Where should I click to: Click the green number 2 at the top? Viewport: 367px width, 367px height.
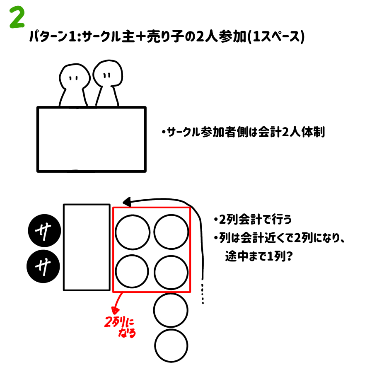click(x=17, y=17)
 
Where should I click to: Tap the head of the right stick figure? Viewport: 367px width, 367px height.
click(x=108, y=73)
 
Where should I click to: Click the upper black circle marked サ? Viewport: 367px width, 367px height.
click(x=44, y=231)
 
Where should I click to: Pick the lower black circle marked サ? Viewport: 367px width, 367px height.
click(x=43, y=267)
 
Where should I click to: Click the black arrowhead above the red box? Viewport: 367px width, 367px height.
click(x=127, y=202)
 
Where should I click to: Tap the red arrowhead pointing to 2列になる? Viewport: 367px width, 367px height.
click(x=115, y=311)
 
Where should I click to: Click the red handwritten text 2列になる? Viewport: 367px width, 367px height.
click(x=120, y=327)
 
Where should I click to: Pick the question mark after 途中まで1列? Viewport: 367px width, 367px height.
click(x=289, y=256)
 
